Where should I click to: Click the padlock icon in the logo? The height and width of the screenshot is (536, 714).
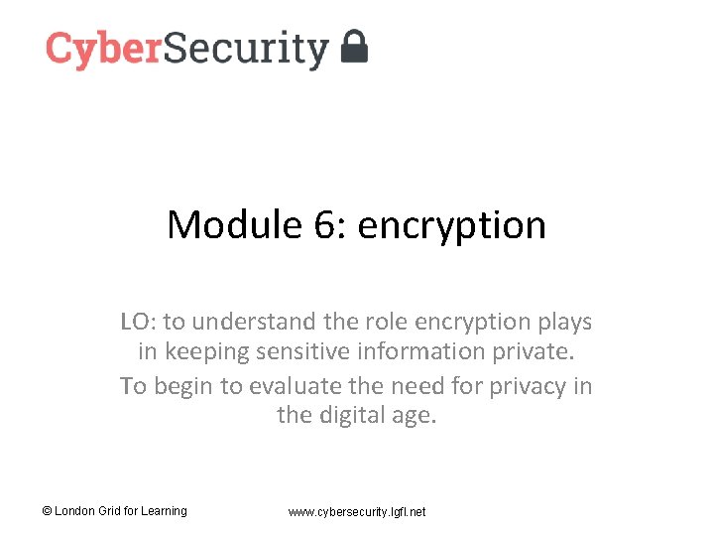point(354,47)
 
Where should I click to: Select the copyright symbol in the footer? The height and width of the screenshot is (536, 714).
point(47,511)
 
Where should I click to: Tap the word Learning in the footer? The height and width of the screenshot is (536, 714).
point(163,511)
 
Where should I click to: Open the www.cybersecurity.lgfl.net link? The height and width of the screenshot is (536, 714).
point(357,511)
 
